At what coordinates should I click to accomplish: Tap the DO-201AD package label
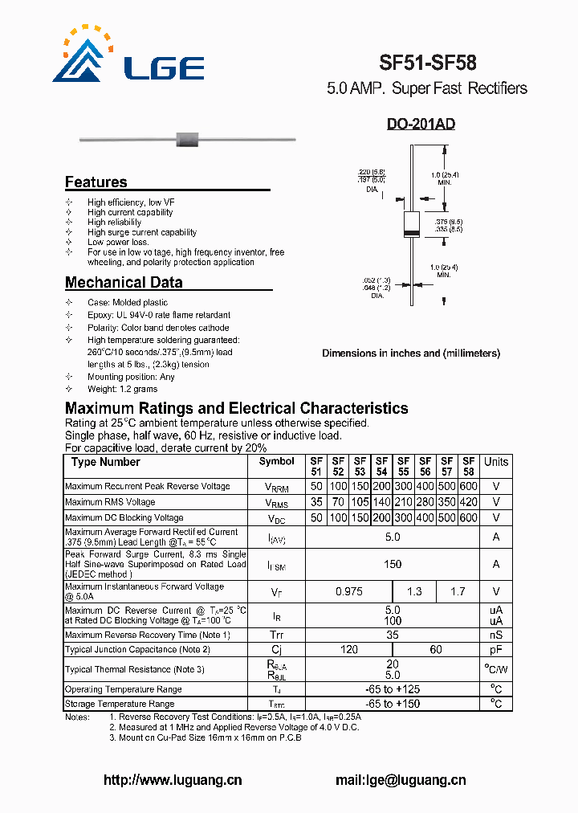[x=421, y=125]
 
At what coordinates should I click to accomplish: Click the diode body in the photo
[x=187, y=139]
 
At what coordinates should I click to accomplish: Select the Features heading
[x=96, y=182]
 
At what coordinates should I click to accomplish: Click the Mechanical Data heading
[x=124, y=282]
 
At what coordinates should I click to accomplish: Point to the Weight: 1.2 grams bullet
[x=123, y=389]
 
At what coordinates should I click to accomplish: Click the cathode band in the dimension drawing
[x=411, y=233]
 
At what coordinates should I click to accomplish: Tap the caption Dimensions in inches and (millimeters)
[x=411, y=353]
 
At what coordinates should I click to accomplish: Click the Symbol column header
[x=276, y=462]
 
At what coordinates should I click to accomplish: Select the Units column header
[x=496, y=462]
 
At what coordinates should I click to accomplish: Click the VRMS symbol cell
[x=276, y=503]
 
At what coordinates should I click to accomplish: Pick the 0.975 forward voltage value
[x=348, y=591]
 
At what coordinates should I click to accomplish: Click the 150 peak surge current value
[x=393, y=564]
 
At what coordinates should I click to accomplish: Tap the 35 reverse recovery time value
[x=393, y=635]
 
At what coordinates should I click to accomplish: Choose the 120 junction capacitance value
[x=348, y=649]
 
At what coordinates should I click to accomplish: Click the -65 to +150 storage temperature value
[x=393, y=704]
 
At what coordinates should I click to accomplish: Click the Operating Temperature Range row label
[x=123, y=689]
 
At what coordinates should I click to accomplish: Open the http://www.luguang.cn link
[x=173, y=780]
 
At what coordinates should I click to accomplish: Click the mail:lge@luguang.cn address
[x=400, y=780]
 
